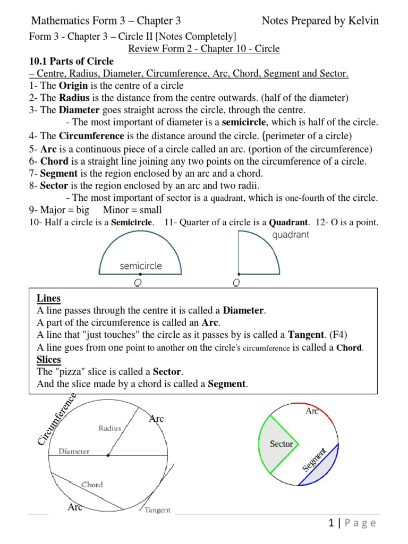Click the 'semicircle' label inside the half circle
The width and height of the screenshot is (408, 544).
tap(141, 266)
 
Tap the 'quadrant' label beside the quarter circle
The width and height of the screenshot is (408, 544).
tap(290, 235)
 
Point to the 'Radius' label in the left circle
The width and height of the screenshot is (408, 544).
tap(109, 428)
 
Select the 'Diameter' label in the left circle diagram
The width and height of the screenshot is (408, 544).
tap(74, 451)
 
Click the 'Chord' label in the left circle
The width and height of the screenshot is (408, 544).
tap(92, 484)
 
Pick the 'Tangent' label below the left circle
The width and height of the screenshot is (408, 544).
tap(158, 510)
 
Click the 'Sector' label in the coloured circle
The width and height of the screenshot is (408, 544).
tap(282, 444)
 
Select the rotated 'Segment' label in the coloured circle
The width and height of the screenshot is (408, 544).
tap(313, 459)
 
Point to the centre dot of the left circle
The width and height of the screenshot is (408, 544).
tap(108, 455)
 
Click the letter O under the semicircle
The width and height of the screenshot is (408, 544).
tap(138, 283)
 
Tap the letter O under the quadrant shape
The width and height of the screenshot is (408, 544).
tap(236, 283)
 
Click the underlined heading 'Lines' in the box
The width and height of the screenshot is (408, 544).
tap(49, 298)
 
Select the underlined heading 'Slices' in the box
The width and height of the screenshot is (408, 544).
tap(49, 359)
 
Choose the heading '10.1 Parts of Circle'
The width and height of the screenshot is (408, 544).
tap(71, 62)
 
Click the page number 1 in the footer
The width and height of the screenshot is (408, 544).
tap(331, 523)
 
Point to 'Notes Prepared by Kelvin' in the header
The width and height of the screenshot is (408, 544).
tap(320, 21)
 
